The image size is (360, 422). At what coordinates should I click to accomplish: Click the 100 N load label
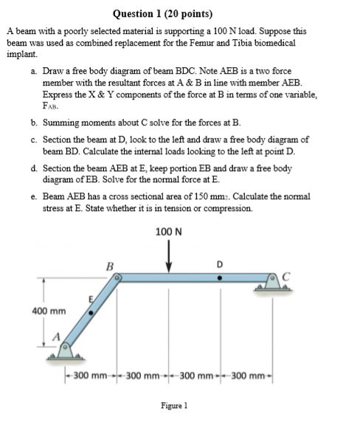pos(170,232)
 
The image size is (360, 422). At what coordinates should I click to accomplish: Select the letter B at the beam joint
pos(110,266)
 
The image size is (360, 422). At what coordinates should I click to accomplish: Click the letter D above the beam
pos(218,265)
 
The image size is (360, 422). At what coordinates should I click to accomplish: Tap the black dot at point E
pos(91,313)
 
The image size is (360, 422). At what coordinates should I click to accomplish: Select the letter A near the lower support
pos(55,338)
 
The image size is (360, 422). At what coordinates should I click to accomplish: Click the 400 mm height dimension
pos(45,311)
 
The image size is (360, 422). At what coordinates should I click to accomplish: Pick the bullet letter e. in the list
pos(35,196)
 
